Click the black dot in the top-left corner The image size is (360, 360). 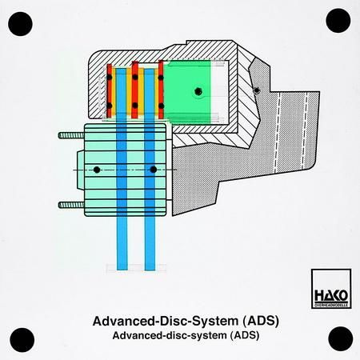[20, 24]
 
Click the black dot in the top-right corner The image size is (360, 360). [338, 21]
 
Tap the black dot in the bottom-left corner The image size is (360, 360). [22, 340]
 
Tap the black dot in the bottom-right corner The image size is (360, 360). [341, 338]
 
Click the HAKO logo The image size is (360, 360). [331, 289]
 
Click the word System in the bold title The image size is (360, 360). [215, 321]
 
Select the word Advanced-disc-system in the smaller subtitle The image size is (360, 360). [170, 335]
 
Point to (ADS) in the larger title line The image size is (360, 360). [261, 321]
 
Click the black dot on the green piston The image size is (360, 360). [198, 91]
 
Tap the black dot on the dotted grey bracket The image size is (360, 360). [257, 90]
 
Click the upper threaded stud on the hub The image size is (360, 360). [71, 135]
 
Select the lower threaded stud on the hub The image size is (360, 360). [71, 205]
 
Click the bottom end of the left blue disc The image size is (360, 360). [122, 270]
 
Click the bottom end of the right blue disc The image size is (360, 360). [150, 270]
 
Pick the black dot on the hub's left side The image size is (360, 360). [97, 170]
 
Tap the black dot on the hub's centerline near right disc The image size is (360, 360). [153, 170]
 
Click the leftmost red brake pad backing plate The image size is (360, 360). [109, 90]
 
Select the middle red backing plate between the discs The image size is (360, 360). [135, 90]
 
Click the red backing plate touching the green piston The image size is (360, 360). [161, 90]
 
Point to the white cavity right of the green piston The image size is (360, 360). [220, 92]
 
